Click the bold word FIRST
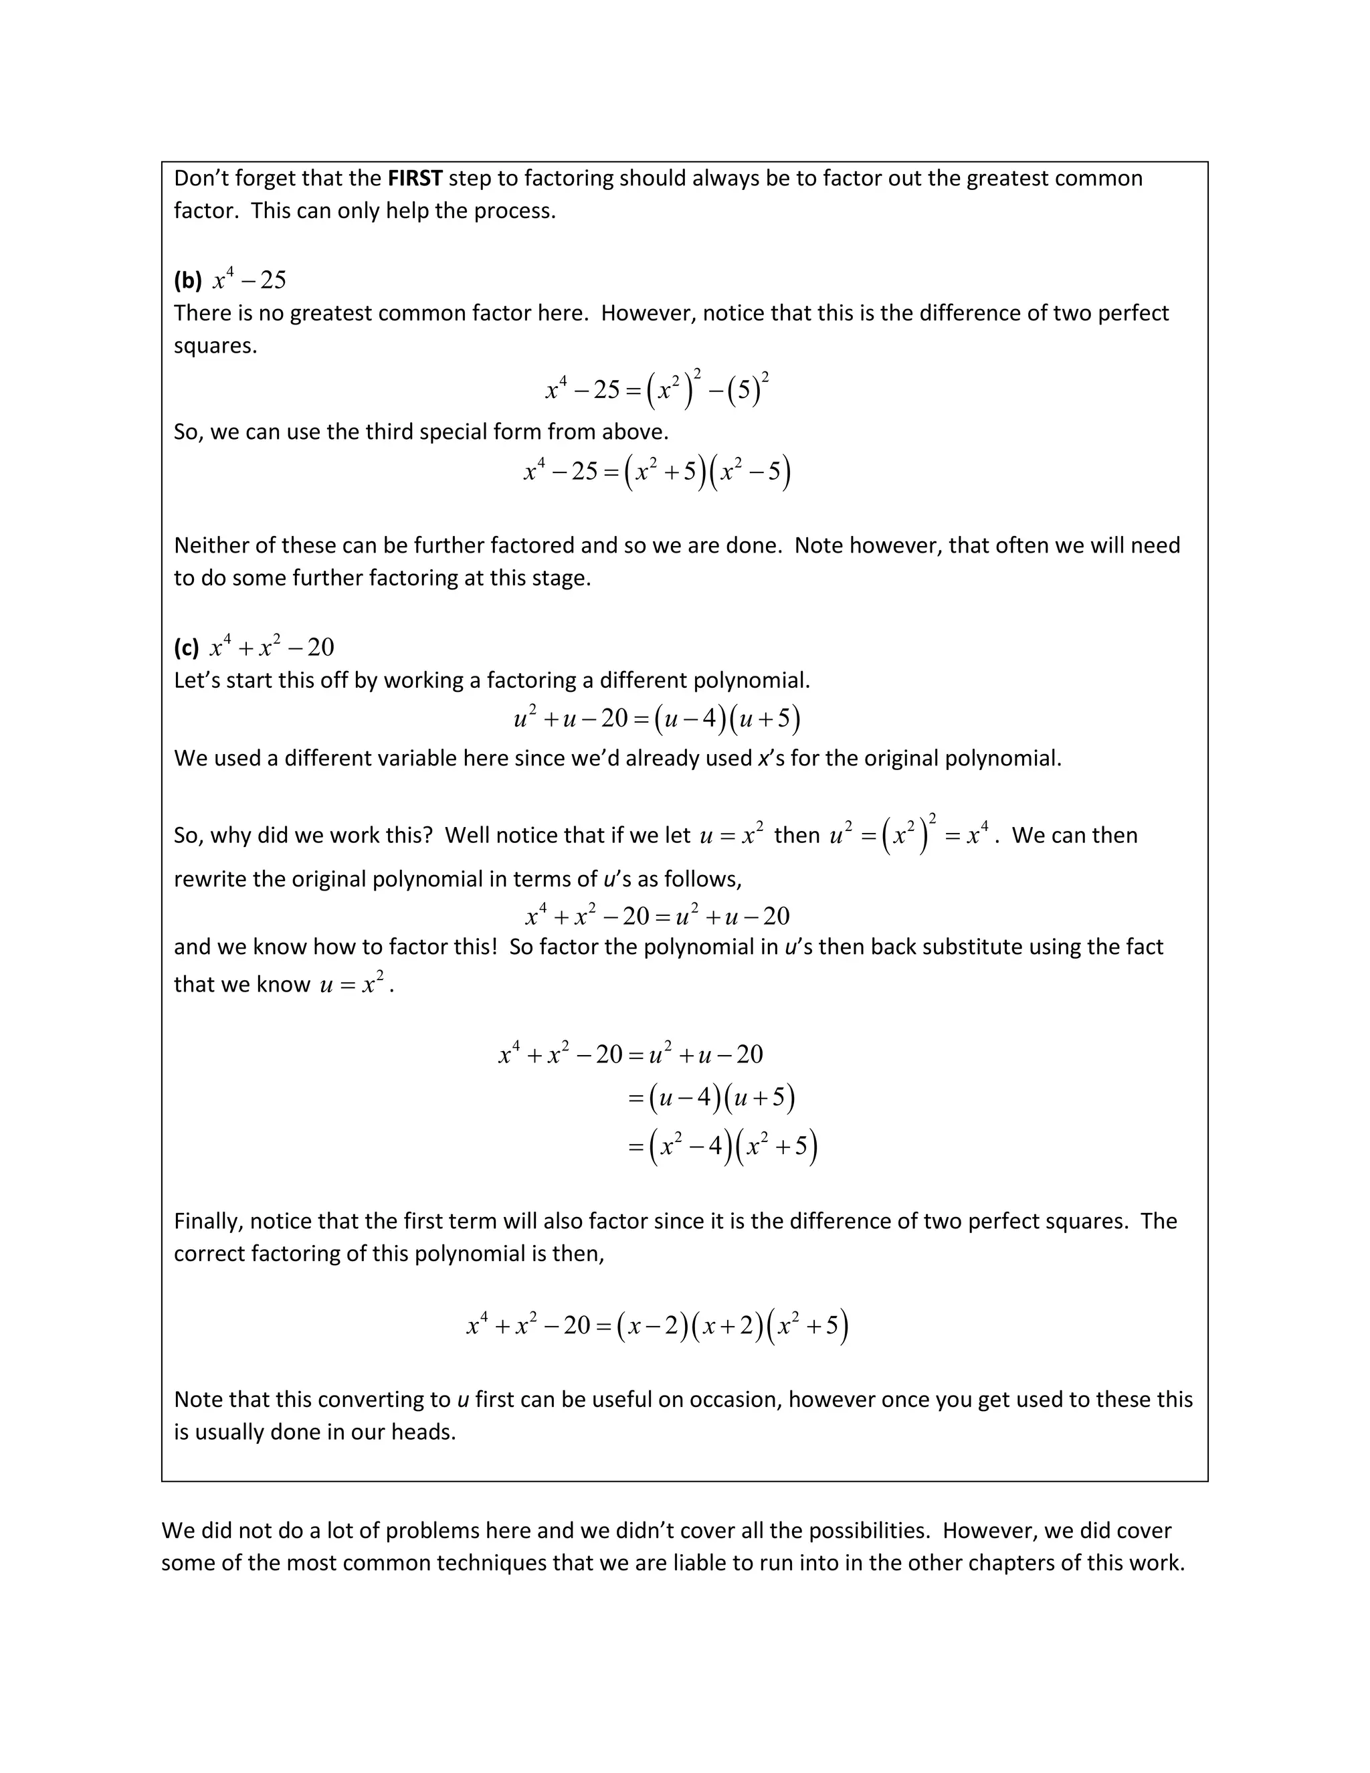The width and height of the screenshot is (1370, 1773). (x=415, y=178)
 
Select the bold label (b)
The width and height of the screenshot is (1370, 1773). (x=187, y=281)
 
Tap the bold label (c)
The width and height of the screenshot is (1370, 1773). (x=187, y=648)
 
